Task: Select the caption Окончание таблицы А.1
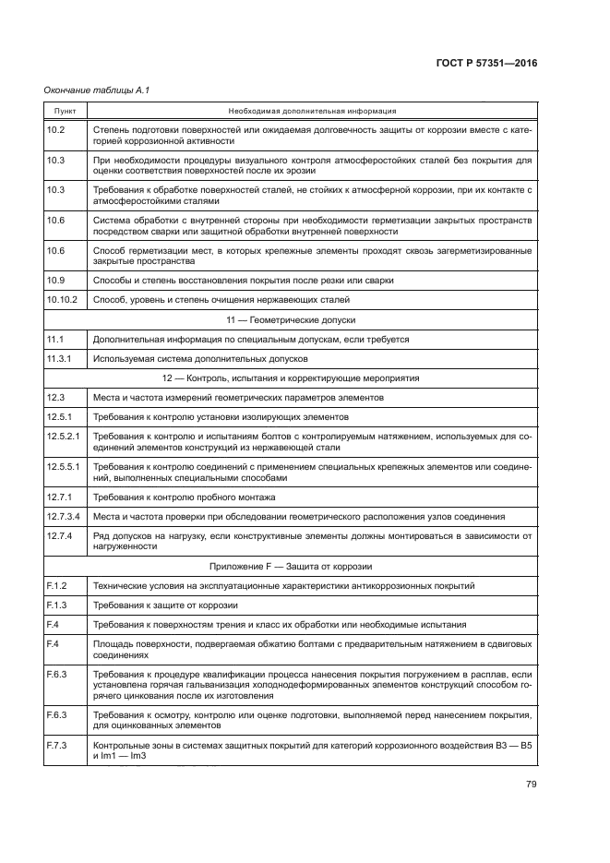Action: [x=97, y=90]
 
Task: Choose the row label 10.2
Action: [x=55, y=130]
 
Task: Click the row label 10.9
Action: [x=55, y=280]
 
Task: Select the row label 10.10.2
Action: [x=61, y=300]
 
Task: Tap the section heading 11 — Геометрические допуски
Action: [x=313, y=319]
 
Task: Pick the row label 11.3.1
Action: [x=58, y=359]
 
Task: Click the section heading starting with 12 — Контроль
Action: [x=313, y=378]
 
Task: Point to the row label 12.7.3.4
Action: [x=64, y=516]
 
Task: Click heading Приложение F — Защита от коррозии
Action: [x=313, y=566]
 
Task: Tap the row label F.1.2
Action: [x=56, y=586]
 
